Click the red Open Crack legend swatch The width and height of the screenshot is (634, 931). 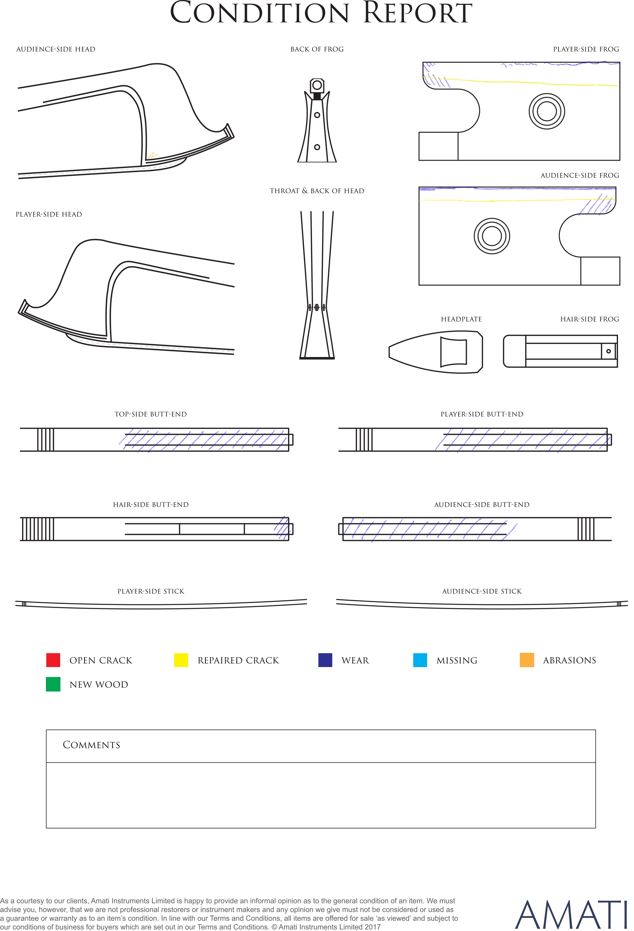[53, 660]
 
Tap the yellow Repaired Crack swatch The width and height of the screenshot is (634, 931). [181, 660]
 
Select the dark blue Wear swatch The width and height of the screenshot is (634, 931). [325, 660]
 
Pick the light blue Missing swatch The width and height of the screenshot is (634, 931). [420, 660]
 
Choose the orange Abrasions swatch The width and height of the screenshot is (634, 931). [527, 660]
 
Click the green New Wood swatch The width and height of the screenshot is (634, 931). [53, 684]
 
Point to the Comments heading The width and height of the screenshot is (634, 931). [91, 745]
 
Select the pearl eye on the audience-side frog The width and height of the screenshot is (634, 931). [492, 236]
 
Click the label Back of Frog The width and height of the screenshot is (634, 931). [317, 49]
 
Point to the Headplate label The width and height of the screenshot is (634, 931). [461, 319]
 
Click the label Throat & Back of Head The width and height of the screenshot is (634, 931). [317, 191]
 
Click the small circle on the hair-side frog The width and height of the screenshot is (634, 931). [608, 351]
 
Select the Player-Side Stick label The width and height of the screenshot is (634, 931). [151, 591]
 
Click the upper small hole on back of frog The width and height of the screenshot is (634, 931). [317, 115]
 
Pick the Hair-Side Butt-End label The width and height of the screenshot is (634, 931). [151, 505]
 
